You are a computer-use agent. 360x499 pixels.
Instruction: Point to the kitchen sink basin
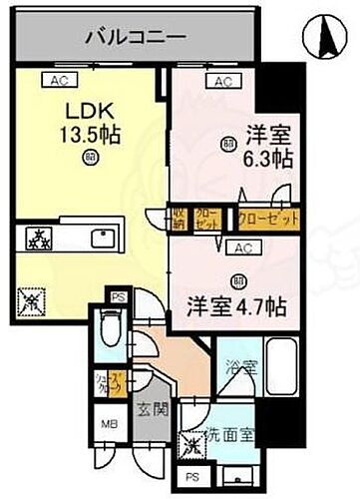[x=102, y=241]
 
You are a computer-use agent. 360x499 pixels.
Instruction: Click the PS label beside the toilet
[x=118, y=296]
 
